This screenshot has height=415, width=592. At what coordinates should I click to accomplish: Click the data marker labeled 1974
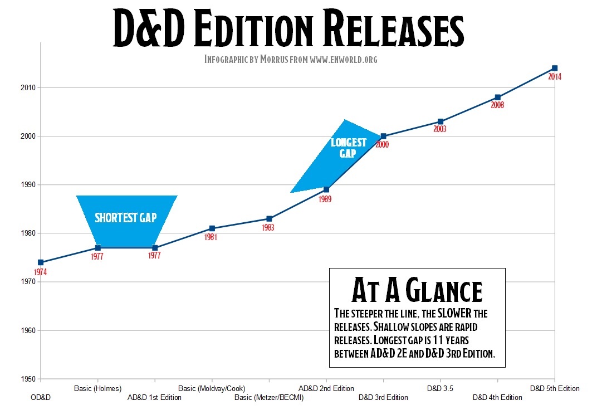[x=41, y=262]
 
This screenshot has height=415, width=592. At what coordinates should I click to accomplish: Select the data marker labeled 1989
[x=326, y=189]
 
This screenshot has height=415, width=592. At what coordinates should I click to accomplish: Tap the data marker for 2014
[x=555, y=68]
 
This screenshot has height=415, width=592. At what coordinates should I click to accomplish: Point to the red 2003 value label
[x=441, y=129]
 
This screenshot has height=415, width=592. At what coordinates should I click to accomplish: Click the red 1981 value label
[x=211, y=237]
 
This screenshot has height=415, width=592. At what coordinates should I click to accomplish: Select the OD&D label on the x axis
[x=41, y=398]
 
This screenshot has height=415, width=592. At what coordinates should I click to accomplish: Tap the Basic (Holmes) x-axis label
[x=98, y=388]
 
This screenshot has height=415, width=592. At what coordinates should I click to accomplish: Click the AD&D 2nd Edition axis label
[x=326, y=388]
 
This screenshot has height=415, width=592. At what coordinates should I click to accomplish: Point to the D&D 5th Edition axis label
[x=555, y=388]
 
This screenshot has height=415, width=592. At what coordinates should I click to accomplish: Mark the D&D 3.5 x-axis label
[x=441, y=388]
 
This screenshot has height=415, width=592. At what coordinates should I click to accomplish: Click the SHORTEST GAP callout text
[x=126, y=218]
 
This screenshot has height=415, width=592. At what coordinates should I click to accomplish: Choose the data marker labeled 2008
[x=498, y=97]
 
